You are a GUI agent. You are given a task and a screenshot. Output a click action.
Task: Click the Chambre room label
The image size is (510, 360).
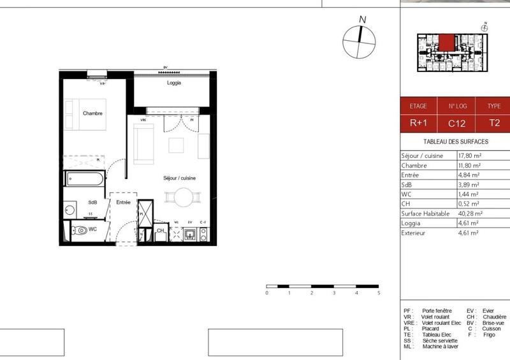coord(93,113)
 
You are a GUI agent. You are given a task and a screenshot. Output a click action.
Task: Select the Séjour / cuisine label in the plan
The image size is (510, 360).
coord(179,178)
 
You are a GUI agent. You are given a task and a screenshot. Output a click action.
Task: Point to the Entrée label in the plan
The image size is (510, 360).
coord(123,202)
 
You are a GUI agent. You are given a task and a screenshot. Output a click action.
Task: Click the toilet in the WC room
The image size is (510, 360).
coord(80,230)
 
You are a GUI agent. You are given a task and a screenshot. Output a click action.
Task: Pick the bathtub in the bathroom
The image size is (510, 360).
coord(84,177)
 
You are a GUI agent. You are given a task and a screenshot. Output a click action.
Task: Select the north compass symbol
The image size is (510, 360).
coord(360,40)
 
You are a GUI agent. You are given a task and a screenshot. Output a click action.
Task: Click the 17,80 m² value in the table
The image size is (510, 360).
coord(470,155)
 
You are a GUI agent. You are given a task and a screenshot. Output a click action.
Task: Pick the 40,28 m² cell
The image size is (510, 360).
coord(470,213)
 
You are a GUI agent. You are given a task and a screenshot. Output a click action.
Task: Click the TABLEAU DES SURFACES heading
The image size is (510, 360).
coord(455,141)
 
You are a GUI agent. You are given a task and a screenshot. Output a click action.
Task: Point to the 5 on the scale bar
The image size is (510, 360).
coord(379,293)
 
